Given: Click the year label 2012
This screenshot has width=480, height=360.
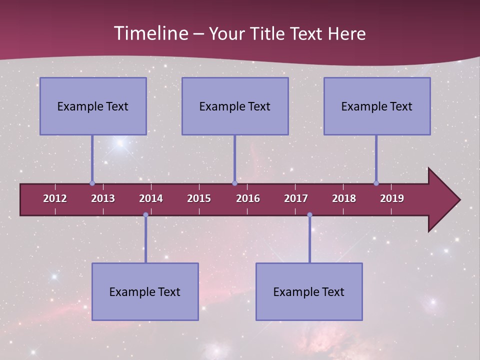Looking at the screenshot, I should (55, 198).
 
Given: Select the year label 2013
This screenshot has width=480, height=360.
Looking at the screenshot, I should (103, 198).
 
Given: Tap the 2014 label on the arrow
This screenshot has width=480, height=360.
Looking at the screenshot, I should (151, 198).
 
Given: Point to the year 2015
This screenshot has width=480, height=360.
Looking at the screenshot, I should (199, 198).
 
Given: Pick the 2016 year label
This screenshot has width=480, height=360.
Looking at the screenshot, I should (248, 198).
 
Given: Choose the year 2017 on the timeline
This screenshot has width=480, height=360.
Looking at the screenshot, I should (296, 198).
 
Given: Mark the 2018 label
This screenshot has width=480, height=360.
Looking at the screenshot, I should (344, 198).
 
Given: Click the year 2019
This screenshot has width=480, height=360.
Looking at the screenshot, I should (392, 198).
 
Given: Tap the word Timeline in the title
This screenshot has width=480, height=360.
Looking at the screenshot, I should (150, 33).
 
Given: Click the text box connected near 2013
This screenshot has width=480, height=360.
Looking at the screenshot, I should (93, 106).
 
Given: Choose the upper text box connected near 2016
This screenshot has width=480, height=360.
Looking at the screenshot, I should (235, 106).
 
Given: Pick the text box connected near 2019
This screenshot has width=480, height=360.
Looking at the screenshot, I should (377, 106).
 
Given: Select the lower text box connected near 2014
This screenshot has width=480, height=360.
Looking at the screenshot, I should (145, 291).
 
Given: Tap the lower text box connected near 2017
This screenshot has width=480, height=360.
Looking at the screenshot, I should (309, 291).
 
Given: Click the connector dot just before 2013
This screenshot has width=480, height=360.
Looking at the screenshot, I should (92, 183).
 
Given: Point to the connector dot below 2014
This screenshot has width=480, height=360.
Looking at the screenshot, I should (145, 215).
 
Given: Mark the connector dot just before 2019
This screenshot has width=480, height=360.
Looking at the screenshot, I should (376, 183).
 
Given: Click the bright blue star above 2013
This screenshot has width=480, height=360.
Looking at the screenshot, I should (119, 144).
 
